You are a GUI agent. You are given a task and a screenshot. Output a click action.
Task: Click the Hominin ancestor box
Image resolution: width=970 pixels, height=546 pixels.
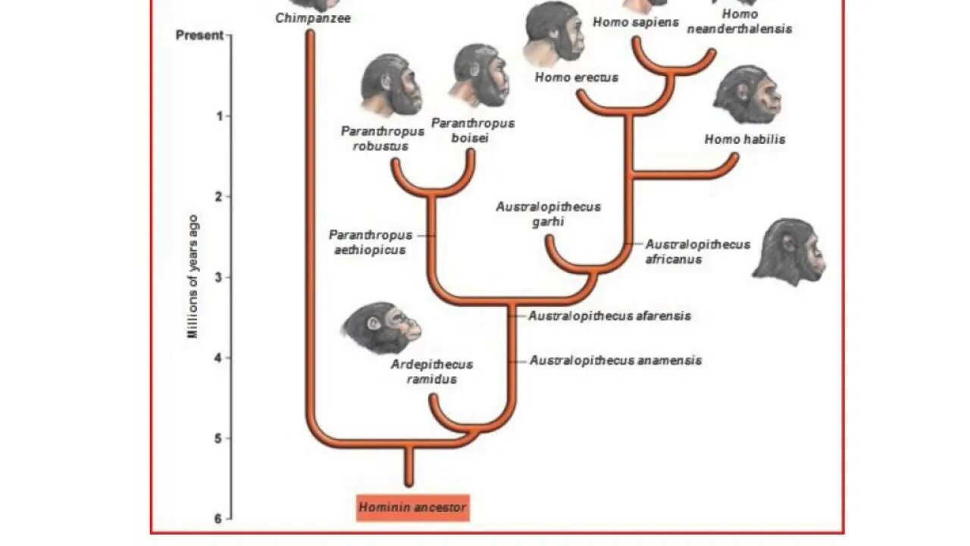(413, 507)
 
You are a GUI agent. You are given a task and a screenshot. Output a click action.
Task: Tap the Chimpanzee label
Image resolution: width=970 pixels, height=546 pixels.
(313, 17)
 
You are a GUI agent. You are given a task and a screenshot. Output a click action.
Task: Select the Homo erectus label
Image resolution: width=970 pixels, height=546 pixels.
(577, 77)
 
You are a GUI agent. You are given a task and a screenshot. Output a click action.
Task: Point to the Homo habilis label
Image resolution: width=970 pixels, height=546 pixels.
(745, 139)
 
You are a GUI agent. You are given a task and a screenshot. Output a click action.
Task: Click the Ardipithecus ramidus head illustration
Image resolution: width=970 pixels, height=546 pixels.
(380, 328)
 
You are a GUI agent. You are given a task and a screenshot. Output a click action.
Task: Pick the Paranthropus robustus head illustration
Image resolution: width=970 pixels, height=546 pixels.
(391, 85)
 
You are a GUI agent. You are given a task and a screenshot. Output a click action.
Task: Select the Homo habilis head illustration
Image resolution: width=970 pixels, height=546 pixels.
(747, 95)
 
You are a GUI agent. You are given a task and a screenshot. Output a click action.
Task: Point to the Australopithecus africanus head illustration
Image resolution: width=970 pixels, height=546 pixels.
(789, 252)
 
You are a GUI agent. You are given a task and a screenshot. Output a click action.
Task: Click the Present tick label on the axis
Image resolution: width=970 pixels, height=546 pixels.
(199, 35)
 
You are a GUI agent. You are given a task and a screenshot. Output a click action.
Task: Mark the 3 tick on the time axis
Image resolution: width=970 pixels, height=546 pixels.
(218, 277)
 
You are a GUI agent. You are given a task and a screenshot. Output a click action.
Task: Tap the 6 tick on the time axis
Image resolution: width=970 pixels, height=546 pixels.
(218, 519)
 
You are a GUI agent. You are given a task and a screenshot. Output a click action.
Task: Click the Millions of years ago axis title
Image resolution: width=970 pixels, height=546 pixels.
(193, 277)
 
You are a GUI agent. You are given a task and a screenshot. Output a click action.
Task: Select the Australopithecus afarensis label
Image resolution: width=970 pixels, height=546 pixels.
(609, 315)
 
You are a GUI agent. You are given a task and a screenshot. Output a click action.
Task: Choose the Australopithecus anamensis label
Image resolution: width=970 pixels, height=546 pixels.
(615, 360)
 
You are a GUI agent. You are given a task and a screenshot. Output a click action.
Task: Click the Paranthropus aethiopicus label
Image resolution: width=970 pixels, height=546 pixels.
(371, 243)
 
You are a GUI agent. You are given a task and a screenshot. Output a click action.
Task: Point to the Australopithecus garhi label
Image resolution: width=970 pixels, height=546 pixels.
(548, 214)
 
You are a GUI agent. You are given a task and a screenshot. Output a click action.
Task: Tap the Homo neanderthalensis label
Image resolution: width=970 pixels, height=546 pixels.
(739, 21)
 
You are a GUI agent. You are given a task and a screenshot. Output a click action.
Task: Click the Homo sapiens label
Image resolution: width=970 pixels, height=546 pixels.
(636, 22)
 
